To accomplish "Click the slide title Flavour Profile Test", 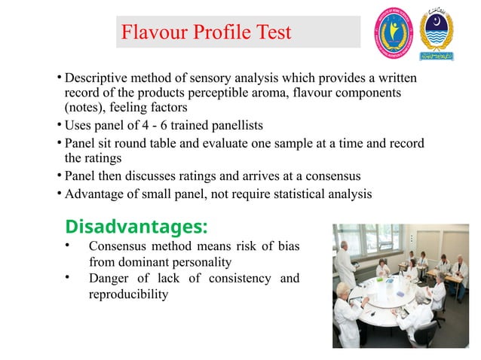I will click(206, 32).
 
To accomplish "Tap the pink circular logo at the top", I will click(395, 34).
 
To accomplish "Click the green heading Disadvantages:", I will click(136, 226).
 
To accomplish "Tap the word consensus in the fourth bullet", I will click(329, 176).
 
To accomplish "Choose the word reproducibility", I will click(128, 294).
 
